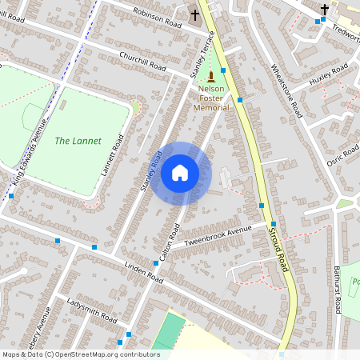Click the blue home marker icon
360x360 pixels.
tap(180, 173)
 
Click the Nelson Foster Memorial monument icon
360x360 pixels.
tap(211, 76)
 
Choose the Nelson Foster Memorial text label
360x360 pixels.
tap(211, 99)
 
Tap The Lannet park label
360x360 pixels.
tap(78, 141)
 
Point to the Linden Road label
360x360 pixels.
tap(144, 272)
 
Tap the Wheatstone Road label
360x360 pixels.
tap(285, 89)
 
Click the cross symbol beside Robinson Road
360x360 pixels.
tap(194, 15)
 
